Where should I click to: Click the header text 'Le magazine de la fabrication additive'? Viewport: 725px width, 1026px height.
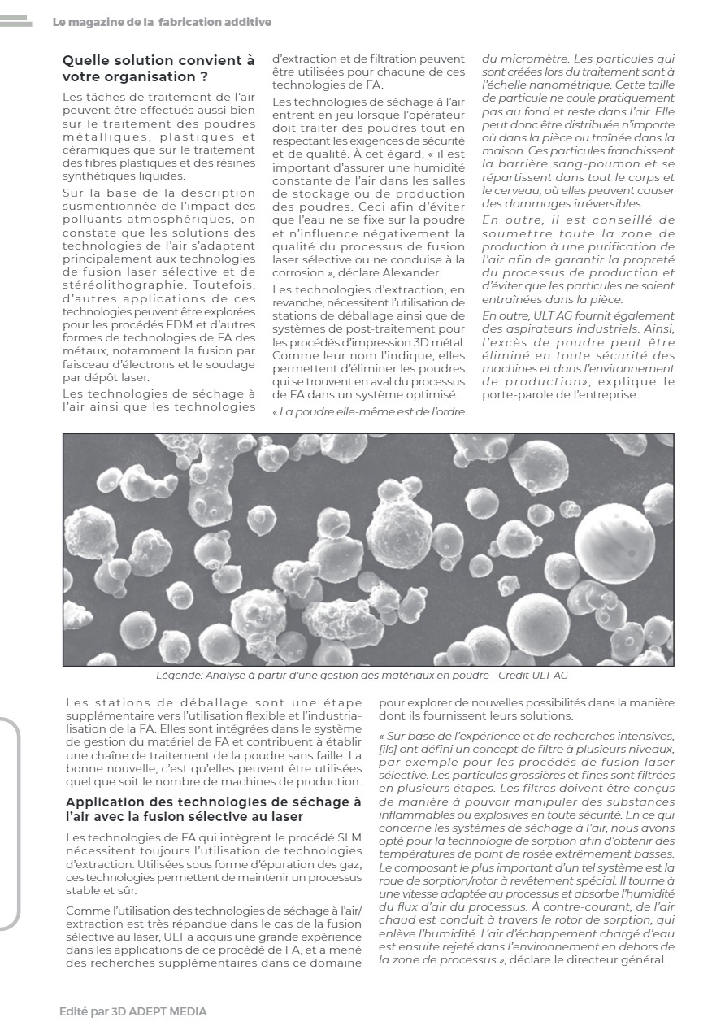click(162, 23)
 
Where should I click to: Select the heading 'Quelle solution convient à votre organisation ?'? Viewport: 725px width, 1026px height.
click(158, 68)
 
